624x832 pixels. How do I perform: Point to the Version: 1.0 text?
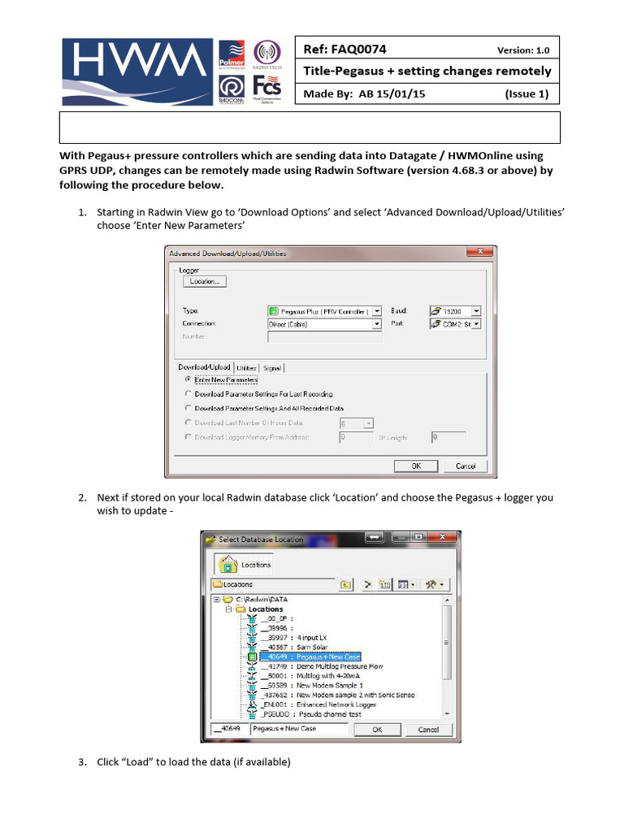tap(524, 50)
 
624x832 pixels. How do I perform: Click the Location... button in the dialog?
tap(205, 281)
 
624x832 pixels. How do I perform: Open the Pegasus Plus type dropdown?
tap(375, 310)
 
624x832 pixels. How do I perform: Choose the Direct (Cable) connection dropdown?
tap(376, 323)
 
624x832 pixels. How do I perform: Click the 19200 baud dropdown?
tap(475, 310)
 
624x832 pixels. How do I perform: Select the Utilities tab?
tap(246, 367)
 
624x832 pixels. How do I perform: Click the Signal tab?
tap(271, 367)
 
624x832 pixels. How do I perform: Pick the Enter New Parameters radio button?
tap(188, 379)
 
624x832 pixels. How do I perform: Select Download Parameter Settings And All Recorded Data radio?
tap(188, 408)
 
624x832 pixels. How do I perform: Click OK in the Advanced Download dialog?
tap(416, 466)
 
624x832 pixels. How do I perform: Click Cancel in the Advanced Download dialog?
tap(465, 466)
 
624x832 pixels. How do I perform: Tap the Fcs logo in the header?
tap(267, 87)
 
